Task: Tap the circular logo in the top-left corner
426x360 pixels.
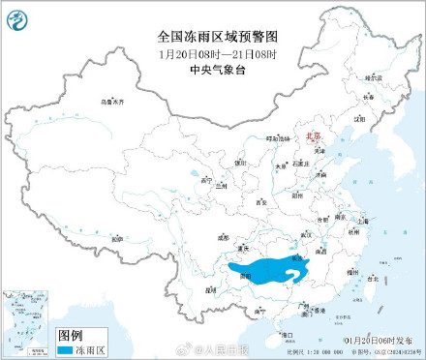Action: [x=20, y=18]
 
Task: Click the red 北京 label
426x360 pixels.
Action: [x=316, y=138]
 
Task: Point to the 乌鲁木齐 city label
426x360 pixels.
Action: [x=115, y=101]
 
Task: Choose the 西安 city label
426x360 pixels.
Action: [x=262, y=201]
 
